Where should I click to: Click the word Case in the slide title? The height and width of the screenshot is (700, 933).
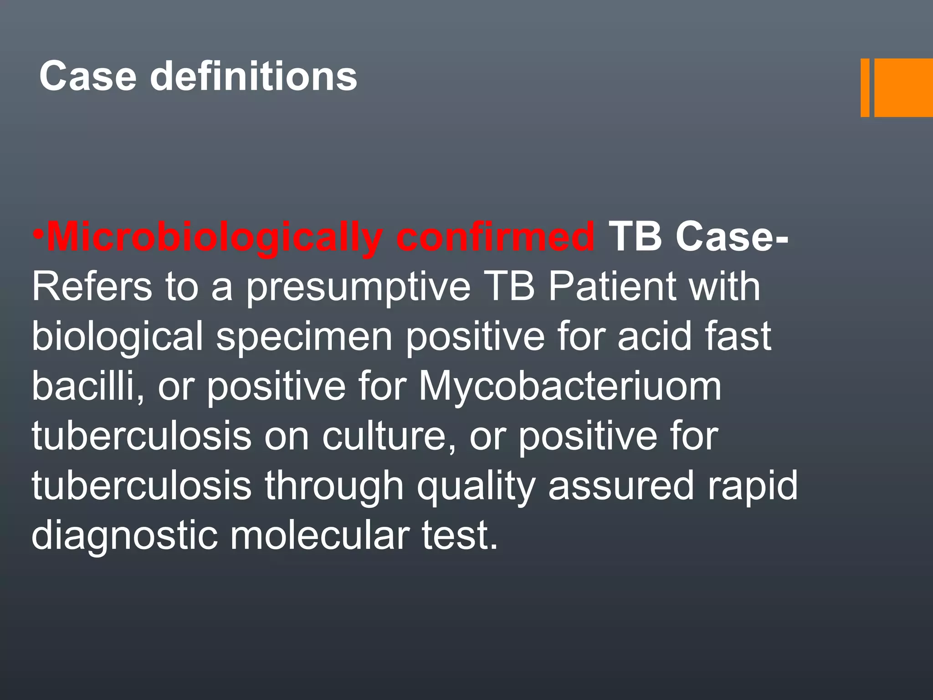point(87,77)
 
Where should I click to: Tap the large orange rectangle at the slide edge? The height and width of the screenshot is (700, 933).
point(903,87)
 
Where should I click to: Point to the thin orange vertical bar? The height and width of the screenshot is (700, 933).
point(865,87)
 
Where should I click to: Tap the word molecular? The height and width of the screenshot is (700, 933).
point(319,535)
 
